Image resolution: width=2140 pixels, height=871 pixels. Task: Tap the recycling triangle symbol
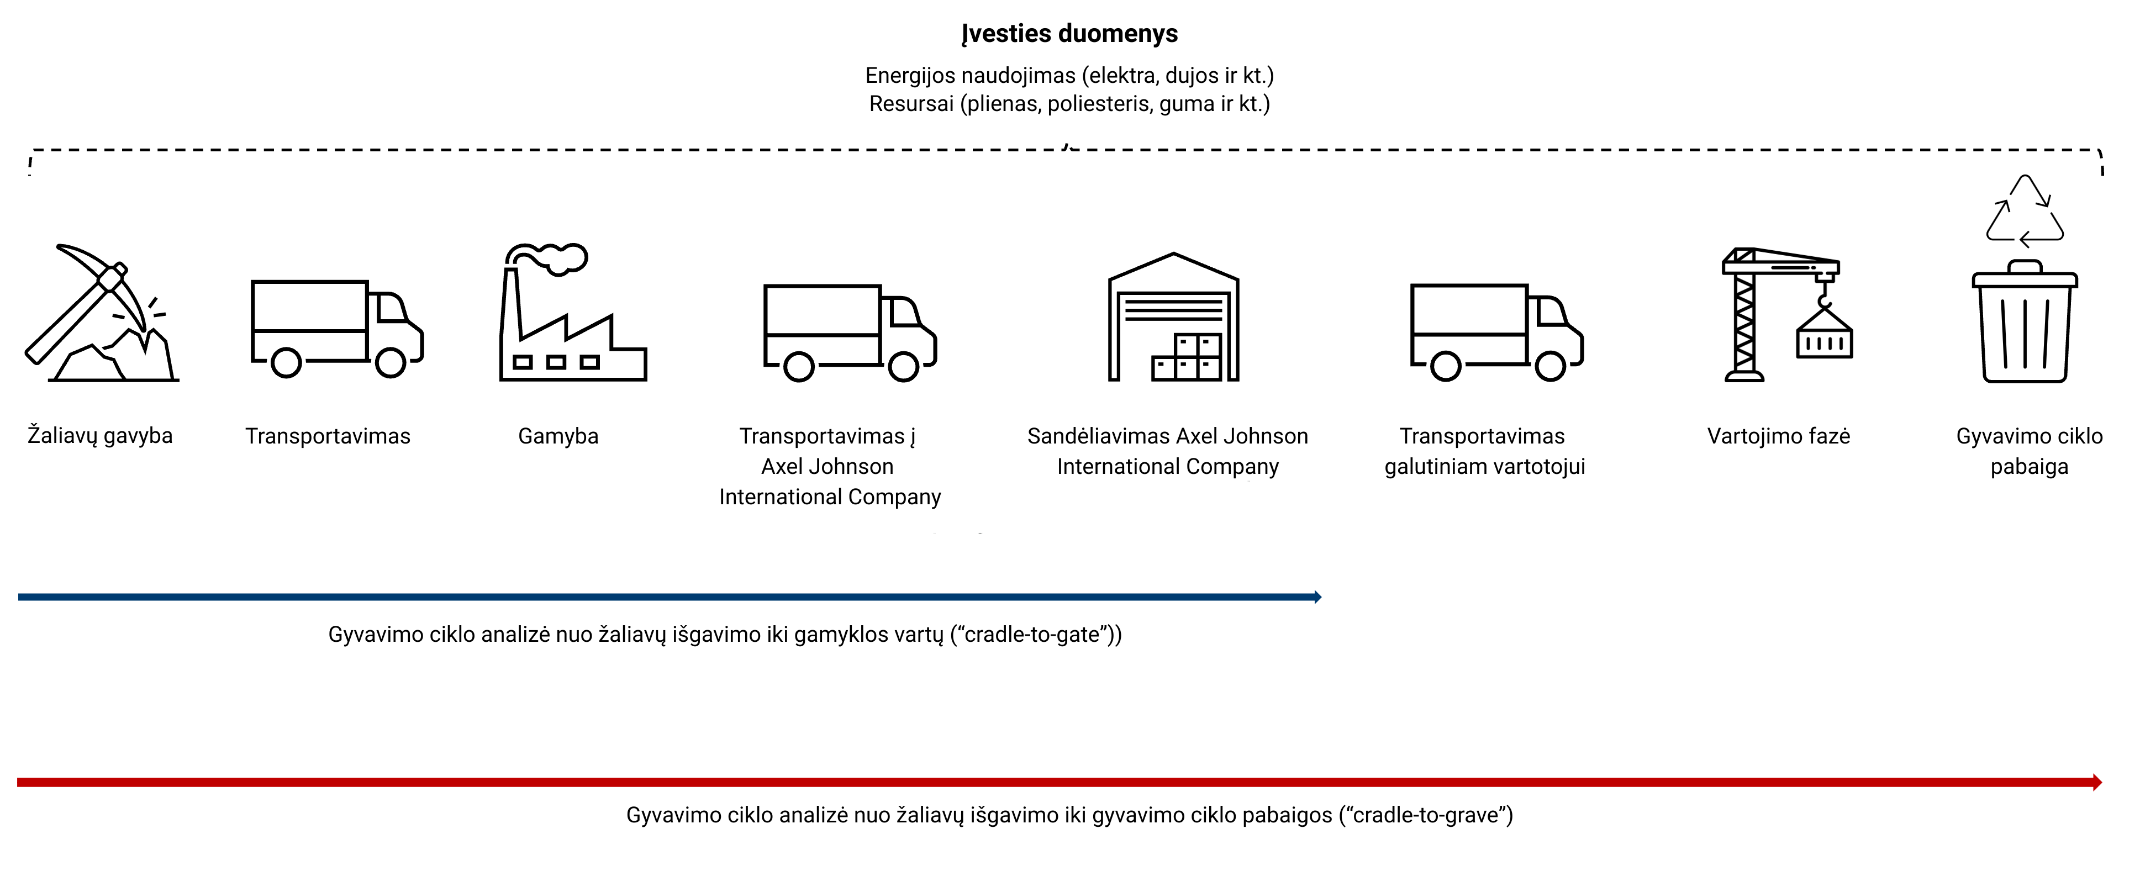pyautogui.click(x=2025, y=212)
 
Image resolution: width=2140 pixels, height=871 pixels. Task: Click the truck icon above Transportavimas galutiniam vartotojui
pyautogui.click(x=1496, y=331)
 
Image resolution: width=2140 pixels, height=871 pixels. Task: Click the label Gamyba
pyautogui.click(x=558, y=436)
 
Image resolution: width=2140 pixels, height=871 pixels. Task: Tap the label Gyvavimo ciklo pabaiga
pyautogui.click(x=2028, y=451)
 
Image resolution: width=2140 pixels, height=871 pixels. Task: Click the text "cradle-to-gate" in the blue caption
pyautogui.click(x=1034, y=635)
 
